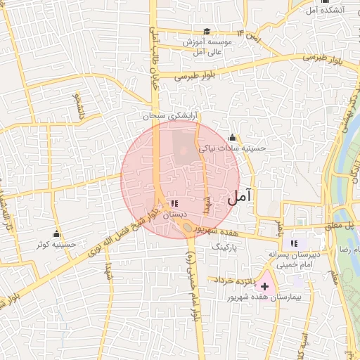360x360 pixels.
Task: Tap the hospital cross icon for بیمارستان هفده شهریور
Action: tap(264, 286)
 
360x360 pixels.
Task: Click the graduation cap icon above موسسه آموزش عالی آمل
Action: tap(207, 32)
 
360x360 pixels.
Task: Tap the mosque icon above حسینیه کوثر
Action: tap(57, 234)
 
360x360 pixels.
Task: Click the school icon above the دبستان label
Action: tap(174, 203)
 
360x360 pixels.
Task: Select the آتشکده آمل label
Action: tap(326, 10)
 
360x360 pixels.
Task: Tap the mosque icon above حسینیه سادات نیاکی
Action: tap(232, 137)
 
